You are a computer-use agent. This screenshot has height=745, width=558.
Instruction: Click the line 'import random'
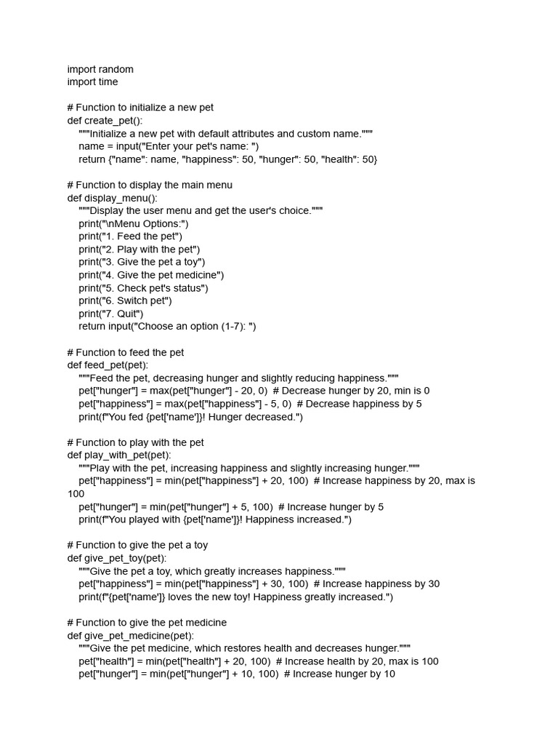tap(100, 69)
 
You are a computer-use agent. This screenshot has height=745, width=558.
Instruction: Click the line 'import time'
tap(92, 82)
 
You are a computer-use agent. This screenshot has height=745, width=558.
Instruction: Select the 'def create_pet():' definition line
tap(105, 121)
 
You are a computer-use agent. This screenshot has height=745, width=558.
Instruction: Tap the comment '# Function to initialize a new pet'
tap(140, 108)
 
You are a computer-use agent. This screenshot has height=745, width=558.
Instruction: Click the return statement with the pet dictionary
tap(228, 159)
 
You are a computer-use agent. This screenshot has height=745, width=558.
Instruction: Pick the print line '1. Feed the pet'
tap(131, 236)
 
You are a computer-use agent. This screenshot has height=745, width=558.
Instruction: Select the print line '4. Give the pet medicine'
tap(151, 275)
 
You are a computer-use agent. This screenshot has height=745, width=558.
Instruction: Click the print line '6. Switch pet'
tap(126, 300)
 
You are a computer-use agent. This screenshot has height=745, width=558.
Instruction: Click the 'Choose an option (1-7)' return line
tap(168, 327)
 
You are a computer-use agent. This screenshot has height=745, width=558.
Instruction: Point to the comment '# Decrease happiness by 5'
tap(359, 404)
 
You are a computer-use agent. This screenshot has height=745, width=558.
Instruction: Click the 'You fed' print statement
tap(190, 417)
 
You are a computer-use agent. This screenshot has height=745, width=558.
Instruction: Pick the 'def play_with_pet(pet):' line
tap(119, 455)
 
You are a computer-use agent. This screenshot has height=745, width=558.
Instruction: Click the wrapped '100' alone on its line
tap(76, 494)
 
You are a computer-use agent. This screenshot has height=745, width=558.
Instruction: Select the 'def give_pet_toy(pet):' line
tap(117, 558)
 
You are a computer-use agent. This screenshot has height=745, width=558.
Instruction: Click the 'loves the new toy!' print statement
tap(235, 597)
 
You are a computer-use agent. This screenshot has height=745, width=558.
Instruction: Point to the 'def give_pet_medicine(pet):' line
tap(131, 635)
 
